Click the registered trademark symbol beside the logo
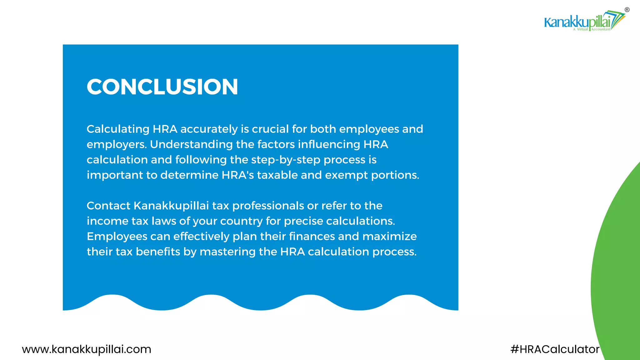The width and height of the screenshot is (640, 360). [627, 10]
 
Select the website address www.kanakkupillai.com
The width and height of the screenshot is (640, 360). [86, 349]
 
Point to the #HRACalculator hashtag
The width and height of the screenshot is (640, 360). [555, 349]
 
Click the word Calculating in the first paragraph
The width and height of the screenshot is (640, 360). [118, 129]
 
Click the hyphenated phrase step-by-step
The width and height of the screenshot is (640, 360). [286, 160]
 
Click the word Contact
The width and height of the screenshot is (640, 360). [108, 206]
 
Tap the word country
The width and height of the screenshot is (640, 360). [241, 221]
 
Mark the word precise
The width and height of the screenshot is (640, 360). [303, 221]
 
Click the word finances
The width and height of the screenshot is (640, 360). [312, 236]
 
